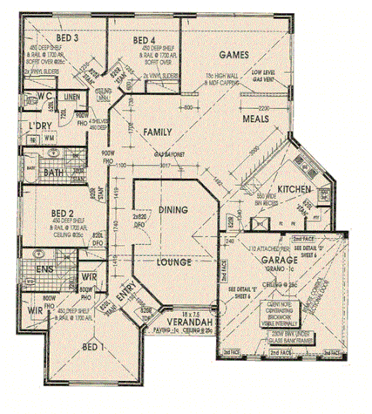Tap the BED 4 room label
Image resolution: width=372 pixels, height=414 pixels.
click(144, 40)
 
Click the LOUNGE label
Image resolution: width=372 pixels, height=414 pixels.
click(174, 263)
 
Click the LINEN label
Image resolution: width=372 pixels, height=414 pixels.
click(71, 96)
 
